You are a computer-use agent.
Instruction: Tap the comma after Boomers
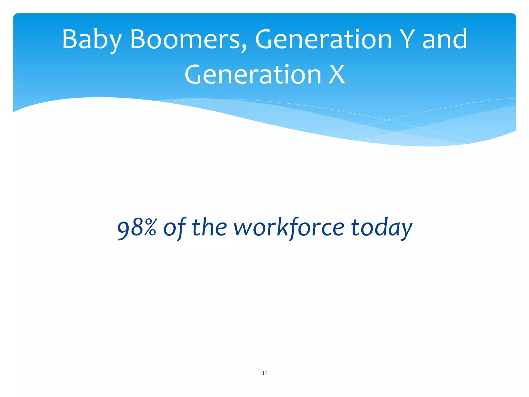[x=244, y=48]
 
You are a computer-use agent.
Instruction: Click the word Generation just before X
[x=253, y=75]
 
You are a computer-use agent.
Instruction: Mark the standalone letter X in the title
[x=337, y=75]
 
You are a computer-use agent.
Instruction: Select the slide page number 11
[x=264, y=373]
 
